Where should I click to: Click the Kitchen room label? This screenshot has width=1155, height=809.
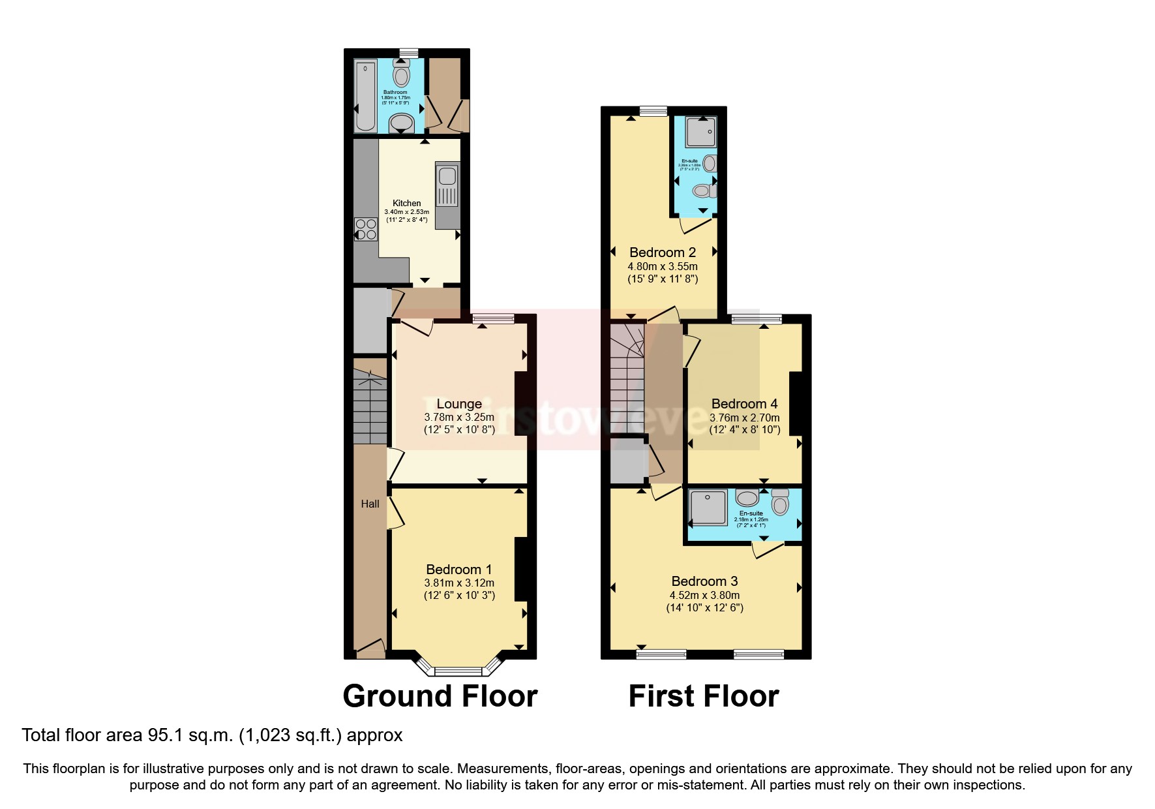click(406, 203)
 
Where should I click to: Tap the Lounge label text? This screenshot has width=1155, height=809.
click(459, 404)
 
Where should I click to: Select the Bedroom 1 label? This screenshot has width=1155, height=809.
click(459, 570)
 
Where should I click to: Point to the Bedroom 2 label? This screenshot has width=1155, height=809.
click(663, 252)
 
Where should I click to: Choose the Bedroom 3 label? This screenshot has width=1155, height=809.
click(704, 581)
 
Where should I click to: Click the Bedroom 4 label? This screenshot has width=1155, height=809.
click(744, 404)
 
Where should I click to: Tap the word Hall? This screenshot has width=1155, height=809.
click(370, 504)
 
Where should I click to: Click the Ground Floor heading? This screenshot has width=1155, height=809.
click(440, 696)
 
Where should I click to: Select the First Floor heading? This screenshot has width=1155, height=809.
click(704, 696)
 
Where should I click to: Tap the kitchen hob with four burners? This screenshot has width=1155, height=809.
click(366, 229)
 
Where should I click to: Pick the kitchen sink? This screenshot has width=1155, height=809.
click(447, 176)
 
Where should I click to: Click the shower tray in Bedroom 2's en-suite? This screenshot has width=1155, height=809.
click(701, 132)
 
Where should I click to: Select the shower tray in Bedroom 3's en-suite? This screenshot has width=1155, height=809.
click(708, 508)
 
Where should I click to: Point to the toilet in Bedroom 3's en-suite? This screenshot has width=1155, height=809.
click(780, 502)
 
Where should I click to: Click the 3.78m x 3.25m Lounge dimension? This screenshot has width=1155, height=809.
click(459, 418)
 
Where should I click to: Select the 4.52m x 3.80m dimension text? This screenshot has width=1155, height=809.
click(704, 595)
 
